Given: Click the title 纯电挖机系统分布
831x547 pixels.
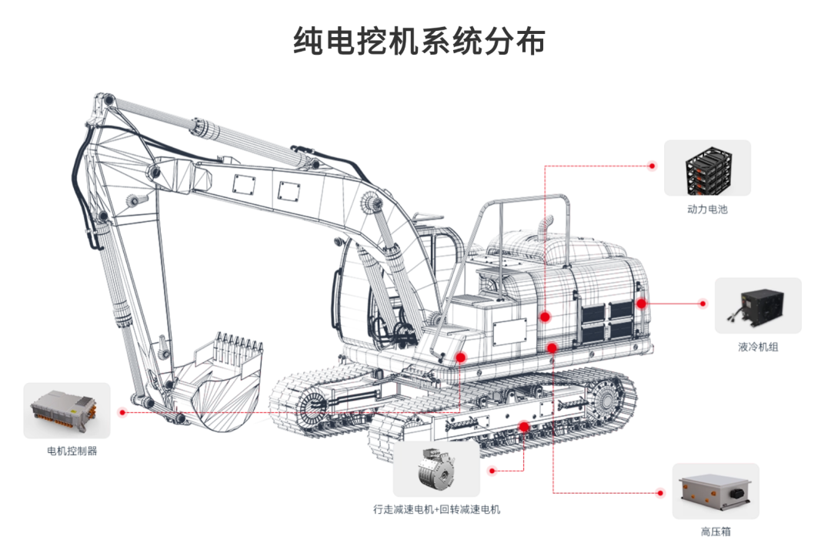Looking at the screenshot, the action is pyautogui.click(x=419, y=41).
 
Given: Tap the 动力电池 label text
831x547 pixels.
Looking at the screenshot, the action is pyautogui.click(x=707, y=209).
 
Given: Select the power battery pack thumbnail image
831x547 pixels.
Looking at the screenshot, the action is pyautogui.click(x=707, y=168).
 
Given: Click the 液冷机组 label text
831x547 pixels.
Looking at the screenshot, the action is pyautogui.click(x=758, y=347).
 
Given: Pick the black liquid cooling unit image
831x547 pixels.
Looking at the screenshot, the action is pyautogui.click(x=758, y=306).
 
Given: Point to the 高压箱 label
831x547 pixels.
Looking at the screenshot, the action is pyautogui.click(x=716, y=531).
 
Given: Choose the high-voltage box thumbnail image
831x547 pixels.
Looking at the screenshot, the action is pyautogui.click(x=716, y=491).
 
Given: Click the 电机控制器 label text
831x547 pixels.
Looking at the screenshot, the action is pyautogui.click(x=72, y=451).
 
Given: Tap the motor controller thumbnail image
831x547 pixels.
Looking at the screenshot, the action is pyautogui.click(x=67, y=411).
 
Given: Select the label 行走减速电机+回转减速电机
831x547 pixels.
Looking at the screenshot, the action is pyautogui.click(x=437, y=509).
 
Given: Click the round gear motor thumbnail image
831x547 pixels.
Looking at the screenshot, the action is pyautogui.click(x=436, y=469).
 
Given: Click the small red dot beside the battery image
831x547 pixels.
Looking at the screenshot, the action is pyautogui.click(x=652, y=166).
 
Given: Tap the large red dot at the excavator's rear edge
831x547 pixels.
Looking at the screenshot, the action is pyautogui.click(x=641, y=304).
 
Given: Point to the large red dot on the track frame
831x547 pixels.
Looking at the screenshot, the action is pyautogui.click(x=524, y=426).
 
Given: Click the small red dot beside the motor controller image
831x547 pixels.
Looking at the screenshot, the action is pyautogui.click(x=122, y=412).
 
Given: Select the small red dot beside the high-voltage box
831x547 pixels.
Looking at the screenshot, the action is pyautogui.click(x=660, y=493).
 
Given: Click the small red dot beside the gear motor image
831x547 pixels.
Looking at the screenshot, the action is pyautogui.click(x=492, y=471).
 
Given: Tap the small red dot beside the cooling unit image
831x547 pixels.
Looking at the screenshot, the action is pyautogui.click(x=703, y=304).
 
